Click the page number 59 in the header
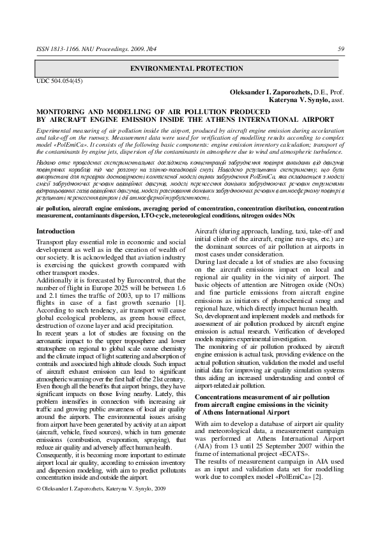coord(341,48)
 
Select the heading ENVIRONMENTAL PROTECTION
coord(190,67)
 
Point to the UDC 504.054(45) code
coord(59,81)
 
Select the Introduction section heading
coord(56,230)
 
